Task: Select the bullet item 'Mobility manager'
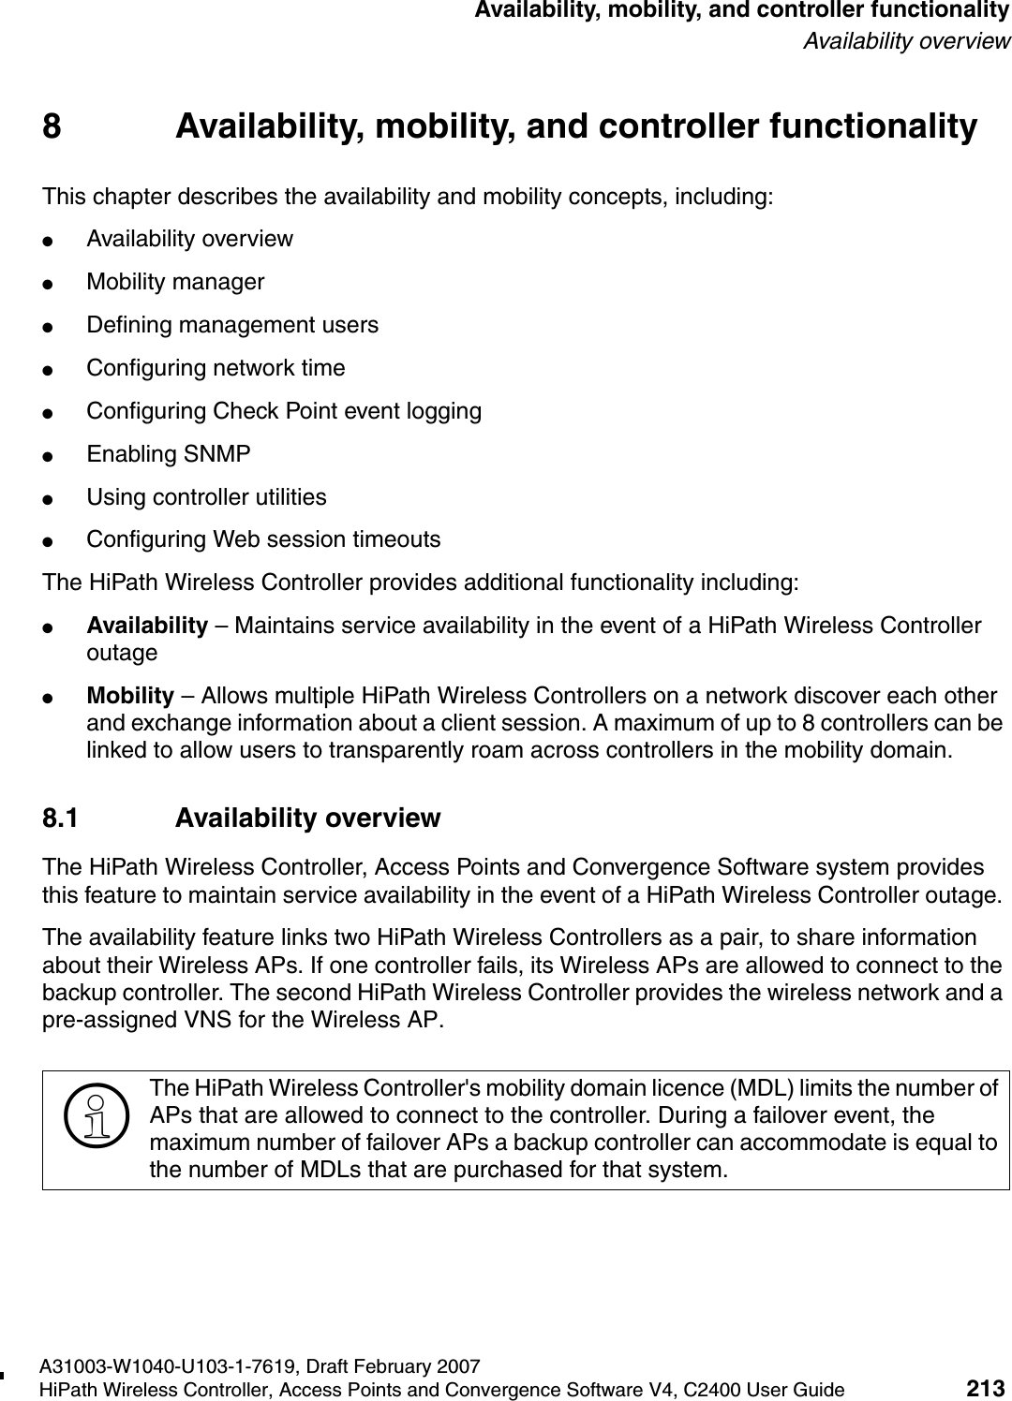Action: click(x=175, y=282)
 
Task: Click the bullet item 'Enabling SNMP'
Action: click(x=169, y=454)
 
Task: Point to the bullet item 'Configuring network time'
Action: click(x=216, y=368)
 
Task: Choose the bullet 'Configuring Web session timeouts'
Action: click(x=263, y=540)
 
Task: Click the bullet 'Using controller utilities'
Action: click(x=206, y=497)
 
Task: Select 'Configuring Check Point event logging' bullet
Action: click(x=284, y=411)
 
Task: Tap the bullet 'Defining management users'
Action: click(x=232, y=325)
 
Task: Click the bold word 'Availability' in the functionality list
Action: click(x=147, y=626)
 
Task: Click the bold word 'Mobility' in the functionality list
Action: click(x=130, y=697)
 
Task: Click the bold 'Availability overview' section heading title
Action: click(x=307, y=818)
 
